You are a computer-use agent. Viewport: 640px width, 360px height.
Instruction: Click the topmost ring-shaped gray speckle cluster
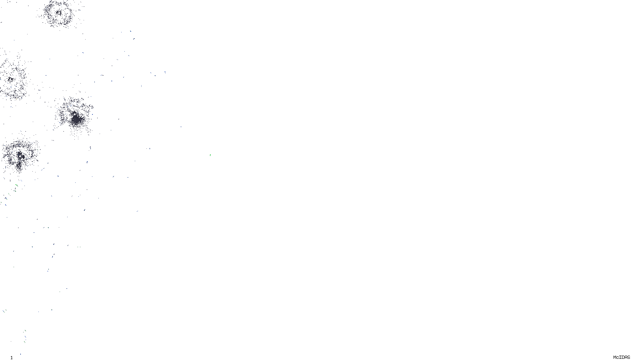tap(60, 13)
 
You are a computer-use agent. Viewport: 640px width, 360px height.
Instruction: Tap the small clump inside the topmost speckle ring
tap(59, 13)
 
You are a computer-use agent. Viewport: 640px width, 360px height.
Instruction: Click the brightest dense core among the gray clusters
tap(76, 119)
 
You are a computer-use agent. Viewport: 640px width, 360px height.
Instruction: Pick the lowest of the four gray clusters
tap(20, 155)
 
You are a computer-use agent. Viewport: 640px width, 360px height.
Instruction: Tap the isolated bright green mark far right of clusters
tap(210, 155)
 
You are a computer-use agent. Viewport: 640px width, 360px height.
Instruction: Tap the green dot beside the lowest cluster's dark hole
tap(14, 160)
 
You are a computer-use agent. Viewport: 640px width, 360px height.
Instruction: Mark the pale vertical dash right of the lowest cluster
tap(90, 148)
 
